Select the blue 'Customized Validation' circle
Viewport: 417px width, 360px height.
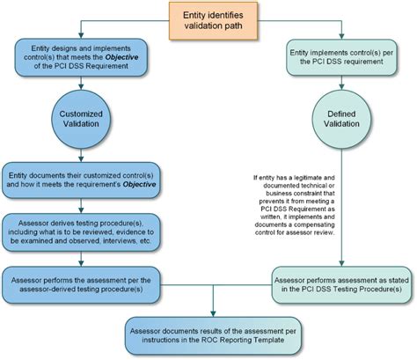coord(81,120)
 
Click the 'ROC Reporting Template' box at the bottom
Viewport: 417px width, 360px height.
coord(214,331)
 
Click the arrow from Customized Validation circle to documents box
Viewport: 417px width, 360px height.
coord(81,155)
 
